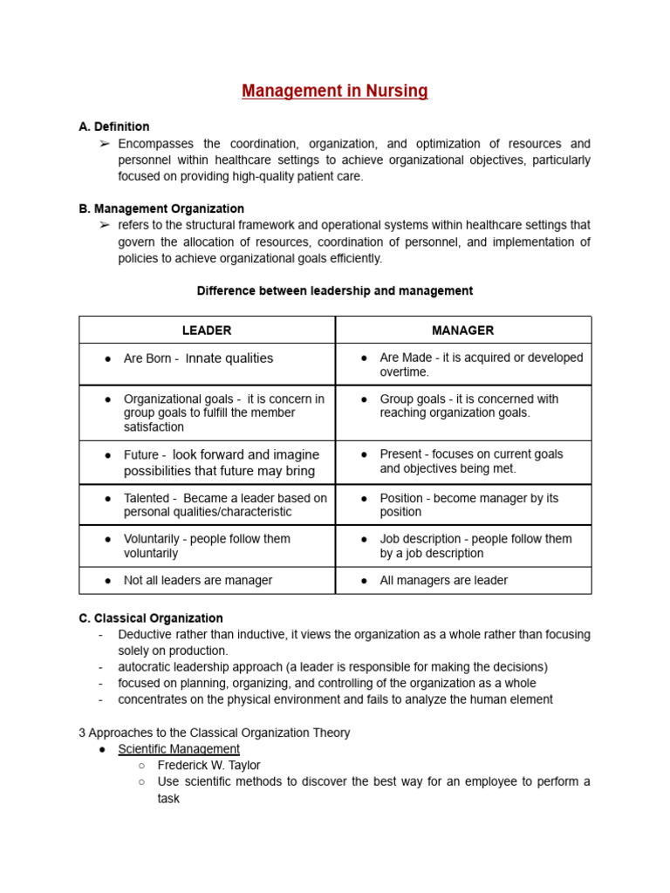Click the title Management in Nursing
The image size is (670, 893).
tap(335, 92)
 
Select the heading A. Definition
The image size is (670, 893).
tap(114, 126)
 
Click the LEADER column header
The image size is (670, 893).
tap(207, 331)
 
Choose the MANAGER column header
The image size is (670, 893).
tap(462, 331)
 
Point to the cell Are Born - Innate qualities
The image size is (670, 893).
tap(198, 358)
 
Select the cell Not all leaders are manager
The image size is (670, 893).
tap(198, 580)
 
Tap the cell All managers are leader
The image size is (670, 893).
tap(443, 580)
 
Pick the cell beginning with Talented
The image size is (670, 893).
tap(224, 505)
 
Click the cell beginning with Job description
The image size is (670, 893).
tap(475, 546)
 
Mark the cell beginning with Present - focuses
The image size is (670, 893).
tap(471, 461)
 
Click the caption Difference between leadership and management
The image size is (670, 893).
tap(335, 290)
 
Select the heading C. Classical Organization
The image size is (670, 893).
tap(151, 618)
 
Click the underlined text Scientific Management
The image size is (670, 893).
tap(179, 749)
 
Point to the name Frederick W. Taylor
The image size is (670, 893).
tap(209, 765)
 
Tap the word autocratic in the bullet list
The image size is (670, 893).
tap(145, 667)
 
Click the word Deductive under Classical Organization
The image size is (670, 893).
tap(146, 635)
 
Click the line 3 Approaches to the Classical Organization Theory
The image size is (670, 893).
tap(215, 733)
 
